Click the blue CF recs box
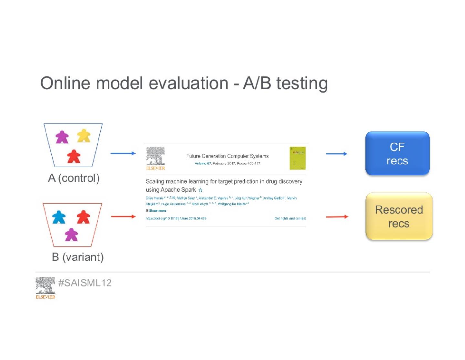(x=397, y=154)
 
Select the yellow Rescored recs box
(x=399, y=216)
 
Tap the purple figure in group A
(x=62, y=137)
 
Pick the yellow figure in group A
(x=84, y=136)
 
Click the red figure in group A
(x=74, y=156)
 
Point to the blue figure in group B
(x=59, y=217)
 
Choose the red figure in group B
(x=83, y=217)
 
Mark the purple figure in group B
(x=71, y=235)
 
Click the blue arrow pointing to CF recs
(x=336, y=154)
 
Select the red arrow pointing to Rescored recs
(x=337, y=217)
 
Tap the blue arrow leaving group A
(x=123, y=153)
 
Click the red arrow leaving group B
(x=123, y=217)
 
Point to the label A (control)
(x=74, y=178)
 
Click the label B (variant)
(x=78, y=257)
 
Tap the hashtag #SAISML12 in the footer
(x=85, y=283)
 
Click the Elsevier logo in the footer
(x=45, y=288)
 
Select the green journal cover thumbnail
(x=297, y=158)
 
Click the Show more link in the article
(x=157, y=211)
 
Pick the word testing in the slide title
(x=302, y=83)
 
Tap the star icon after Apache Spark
(x=201, y=190)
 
